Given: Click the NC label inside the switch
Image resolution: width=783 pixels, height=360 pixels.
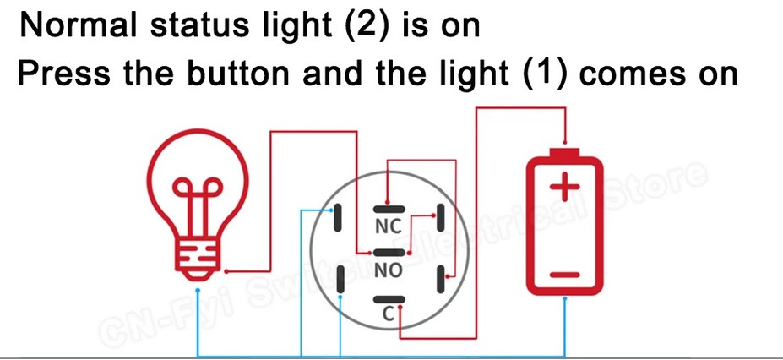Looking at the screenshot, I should coord(388,226).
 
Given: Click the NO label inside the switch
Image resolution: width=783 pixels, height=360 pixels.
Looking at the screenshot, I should coord(388,270).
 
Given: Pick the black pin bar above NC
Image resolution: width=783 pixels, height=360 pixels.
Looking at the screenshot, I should coord(388,209).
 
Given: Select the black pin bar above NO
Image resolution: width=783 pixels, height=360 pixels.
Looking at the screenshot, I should coord(388,253).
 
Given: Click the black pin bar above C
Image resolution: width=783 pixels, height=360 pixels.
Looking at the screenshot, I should coord(388,297).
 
